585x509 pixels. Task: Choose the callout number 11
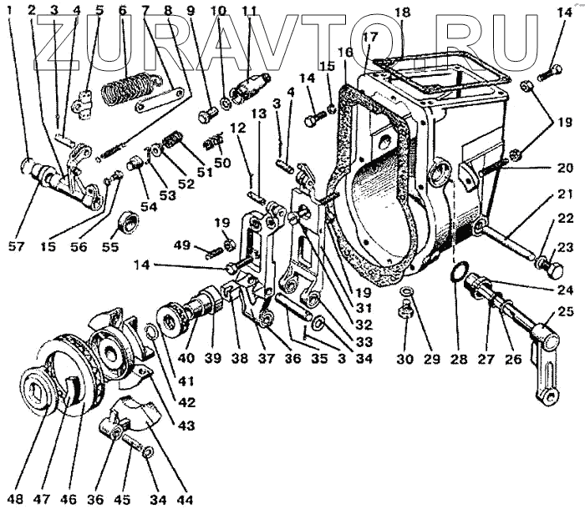pyautogui.click(x=249, y=11)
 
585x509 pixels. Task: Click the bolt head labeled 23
pyautogui.click(x=553, y=270)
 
